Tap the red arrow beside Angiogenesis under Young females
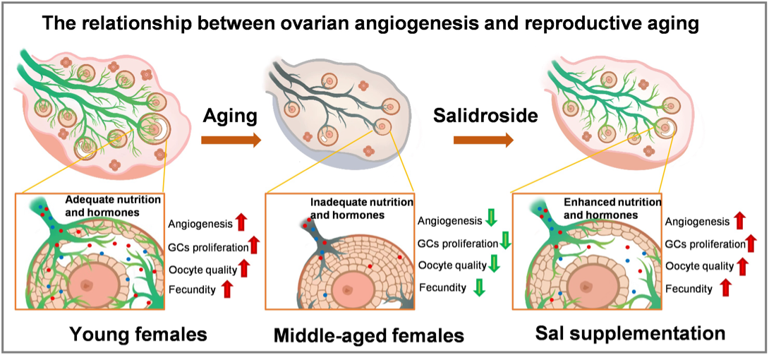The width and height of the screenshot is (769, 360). point(241,224)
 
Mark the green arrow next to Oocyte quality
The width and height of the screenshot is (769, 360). point(494,265)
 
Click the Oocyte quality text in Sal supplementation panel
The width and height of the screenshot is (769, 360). point(698,265)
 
